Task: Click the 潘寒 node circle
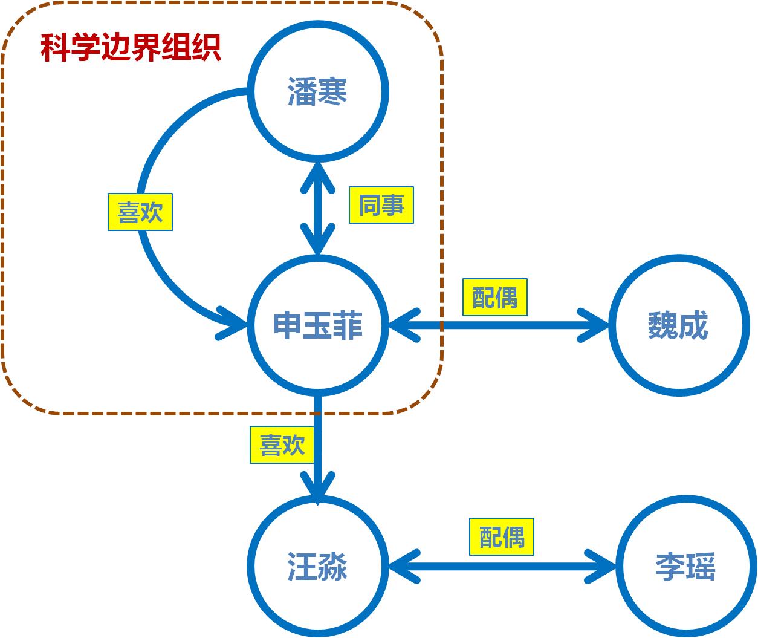pyautogui.click(x=317, y=93)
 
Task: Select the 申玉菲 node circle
pyautogui.click(x=317, y=325)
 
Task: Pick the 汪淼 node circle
pyautogui.click(x=317, y=567)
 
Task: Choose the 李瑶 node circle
pyautogui.click(x=685, y=567)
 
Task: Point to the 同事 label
pyautogui.click(x=381, y=206)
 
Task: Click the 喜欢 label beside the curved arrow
pyautogui.click(x=140, y=212)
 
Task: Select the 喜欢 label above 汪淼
pyautogui.click(x=282, y=445)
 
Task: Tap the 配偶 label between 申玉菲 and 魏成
pyautogui.click(x=494, y=298)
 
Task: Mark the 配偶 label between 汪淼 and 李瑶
pyautogui.click(x=502, y=536)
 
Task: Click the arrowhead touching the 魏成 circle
pyautogui.click(x=595, y=326)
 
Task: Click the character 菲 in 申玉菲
pyautogui.click(x=348, y=325)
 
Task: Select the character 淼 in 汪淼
pyautogui.click(x=332, y=567)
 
